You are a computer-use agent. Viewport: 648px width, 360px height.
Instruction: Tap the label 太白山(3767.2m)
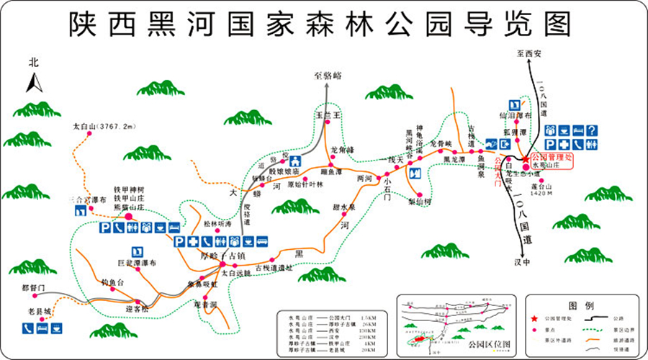pos(104,127)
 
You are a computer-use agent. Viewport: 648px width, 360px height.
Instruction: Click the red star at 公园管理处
pos(525,158)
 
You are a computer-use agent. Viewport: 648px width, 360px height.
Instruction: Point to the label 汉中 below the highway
pos(523,262)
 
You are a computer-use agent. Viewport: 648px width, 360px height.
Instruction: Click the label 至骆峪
pos(328,75)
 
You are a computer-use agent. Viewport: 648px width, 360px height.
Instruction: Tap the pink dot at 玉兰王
pos(326,123)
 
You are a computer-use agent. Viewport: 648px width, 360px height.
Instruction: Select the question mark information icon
pos(592,130)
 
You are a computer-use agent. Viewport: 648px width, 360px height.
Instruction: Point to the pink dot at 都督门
pos(34,295)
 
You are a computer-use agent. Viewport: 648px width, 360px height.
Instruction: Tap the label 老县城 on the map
pos(40,312)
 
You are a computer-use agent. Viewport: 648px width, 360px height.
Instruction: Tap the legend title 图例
pos(580,305)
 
